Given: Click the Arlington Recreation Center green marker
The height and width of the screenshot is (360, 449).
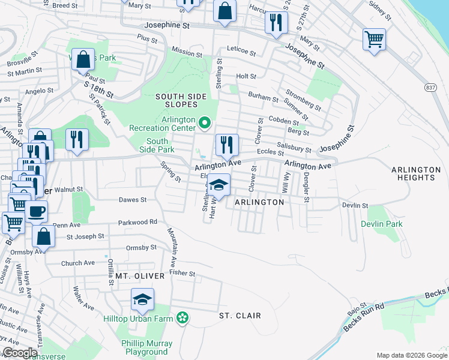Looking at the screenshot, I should [x=205, y=124].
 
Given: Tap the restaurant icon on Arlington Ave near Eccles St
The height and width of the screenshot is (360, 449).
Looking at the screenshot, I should [x=227, y=145].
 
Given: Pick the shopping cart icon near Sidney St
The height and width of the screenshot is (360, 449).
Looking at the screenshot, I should [x=374, y=40].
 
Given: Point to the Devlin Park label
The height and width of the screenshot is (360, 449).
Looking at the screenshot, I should [x=382, y=224].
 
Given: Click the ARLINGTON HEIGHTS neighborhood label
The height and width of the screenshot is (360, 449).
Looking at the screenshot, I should [x=413, y=173].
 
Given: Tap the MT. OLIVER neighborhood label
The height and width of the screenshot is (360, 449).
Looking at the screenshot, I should [x=140, y=276].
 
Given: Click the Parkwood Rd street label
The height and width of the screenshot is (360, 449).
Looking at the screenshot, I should [x=137, y=222].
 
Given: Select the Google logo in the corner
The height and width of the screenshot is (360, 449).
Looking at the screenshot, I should [x=19, y=352].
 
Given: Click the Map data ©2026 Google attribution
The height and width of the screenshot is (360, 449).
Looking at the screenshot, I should [x=411, y=355].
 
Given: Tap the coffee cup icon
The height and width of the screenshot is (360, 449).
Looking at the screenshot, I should [x=36, y=212].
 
